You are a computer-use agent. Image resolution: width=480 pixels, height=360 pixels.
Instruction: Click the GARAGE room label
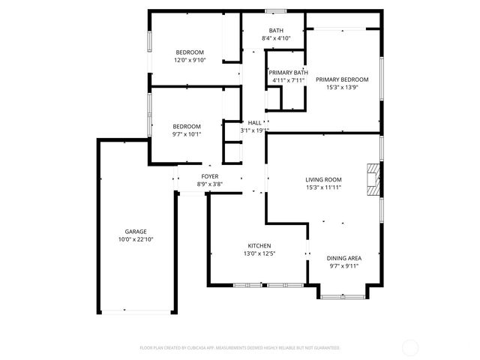point(136,231)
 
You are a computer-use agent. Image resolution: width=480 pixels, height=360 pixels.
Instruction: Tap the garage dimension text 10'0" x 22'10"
point(136,239)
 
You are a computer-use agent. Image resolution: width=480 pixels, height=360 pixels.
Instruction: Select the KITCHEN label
point(259,246)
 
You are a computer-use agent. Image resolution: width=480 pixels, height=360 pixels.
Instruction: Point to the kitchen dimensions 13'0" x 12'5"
point(259,254)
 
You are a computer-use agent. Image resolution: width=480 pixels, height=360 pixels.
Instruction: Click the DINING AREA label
point(344,257)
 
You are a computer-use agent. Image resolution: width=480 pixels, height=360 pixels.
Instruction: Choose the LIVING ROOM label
point(323,179)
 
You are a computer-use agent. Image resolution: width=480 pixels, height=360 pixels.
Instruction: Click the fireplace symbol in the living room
point(373,178)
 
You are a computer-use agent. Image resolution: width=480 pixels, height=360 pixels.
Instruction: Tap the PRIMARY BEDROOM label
point(342,79)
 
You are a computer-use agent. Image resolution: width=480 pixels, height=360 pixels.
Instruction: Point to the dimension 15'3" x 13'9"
point(342,88)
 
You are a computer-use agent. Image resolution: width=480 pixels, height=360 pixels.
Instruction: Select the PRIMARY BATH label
point(289,73)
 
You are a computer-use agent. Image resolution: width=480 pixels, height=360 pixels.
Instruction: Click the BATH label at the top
point(275,30)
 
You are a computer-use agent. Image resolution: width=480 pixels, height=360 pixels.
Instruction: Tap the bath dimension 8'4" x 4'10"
point(275,38)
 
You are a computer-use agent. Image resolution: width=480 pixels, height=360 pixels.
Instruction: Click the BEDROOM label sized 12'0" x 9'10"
point(190,52)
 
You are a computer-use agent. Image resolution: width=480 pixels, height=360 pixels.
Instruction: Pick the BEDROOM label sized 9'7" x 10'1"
point(187,126)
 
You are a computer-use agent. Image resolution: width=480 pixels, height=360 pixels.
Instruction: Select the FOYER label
point(210,175)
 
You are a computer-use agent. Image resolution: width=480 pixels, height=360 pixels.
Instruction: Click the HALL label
point(254,122)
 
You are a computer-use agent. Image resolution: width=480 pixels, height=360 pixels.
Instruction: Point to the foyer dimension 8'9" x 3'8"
point(210,184)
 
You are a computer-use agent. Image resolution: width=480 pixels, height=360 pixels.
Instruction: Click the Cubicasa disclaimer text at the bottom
point(240,348)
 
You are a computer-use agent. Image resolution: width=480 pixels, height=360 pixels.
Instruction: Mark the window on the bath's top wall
point(275,10)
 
